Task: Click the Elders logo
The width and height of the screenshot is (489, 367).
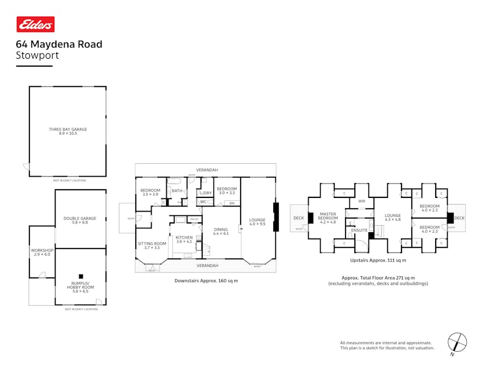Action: point(35,24)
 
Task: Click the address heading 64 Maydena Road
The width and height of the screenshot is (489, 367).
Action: point(59,45)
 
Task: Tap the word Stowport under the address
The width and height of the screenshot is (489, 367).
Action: point(37,55)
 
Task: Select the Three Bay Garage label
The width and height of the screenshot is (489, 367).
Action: point(68,129)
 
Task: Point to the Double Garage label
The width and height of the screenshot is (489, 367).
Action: point(80,219)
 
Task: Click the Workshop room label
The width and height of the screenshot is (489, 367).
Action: point(42,250)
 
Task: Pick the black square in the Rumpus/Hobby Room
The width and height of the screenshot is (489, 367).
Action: point(80,276)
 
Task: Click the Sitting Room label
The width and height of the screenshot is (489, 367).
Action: point(152,244)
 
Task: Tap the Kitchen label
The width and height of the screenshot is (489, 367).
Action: point(184,237)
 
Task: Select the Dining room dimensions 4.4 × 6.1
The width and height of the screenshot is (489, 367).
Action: point(221,233)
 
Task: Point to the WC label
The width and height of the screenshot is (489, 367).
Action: point(203,202)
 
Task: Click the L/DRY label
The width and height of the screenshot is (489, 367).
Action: point(205,193)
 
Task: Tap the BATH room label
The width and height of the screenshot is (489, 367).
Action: point(177,191)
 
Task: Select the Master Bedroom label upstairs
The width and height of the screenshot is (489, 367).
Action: point(328,216)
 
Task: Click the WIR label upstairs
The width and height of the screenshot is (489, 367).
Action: point(361,201)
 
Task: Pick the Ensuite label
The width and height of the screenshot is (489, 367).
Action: point(360,231)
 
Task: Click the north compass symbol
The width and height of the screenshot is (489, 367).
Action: point(457,343)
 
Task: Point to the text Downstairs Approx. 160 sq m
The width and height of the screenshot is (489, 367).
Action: point(206,281)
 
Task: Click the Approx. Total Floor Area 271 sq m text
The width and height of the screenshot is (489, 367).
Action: point(378,278)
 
